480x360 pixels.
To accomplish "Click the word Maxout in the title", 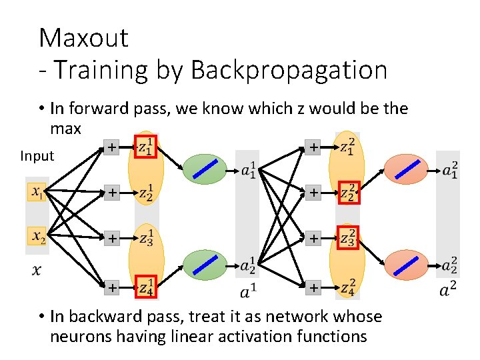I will (83, 38).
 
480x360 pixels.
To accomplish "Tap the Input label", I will (37, 156).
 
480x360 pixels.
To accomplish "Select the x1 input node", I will (37, 192).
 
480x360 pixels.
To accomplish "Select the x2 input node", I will (37, 235).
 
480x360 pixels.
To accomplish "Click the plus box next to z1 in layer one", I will (112, 147).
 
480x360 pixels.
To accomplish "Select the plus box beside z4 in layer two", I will (312, 288).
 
